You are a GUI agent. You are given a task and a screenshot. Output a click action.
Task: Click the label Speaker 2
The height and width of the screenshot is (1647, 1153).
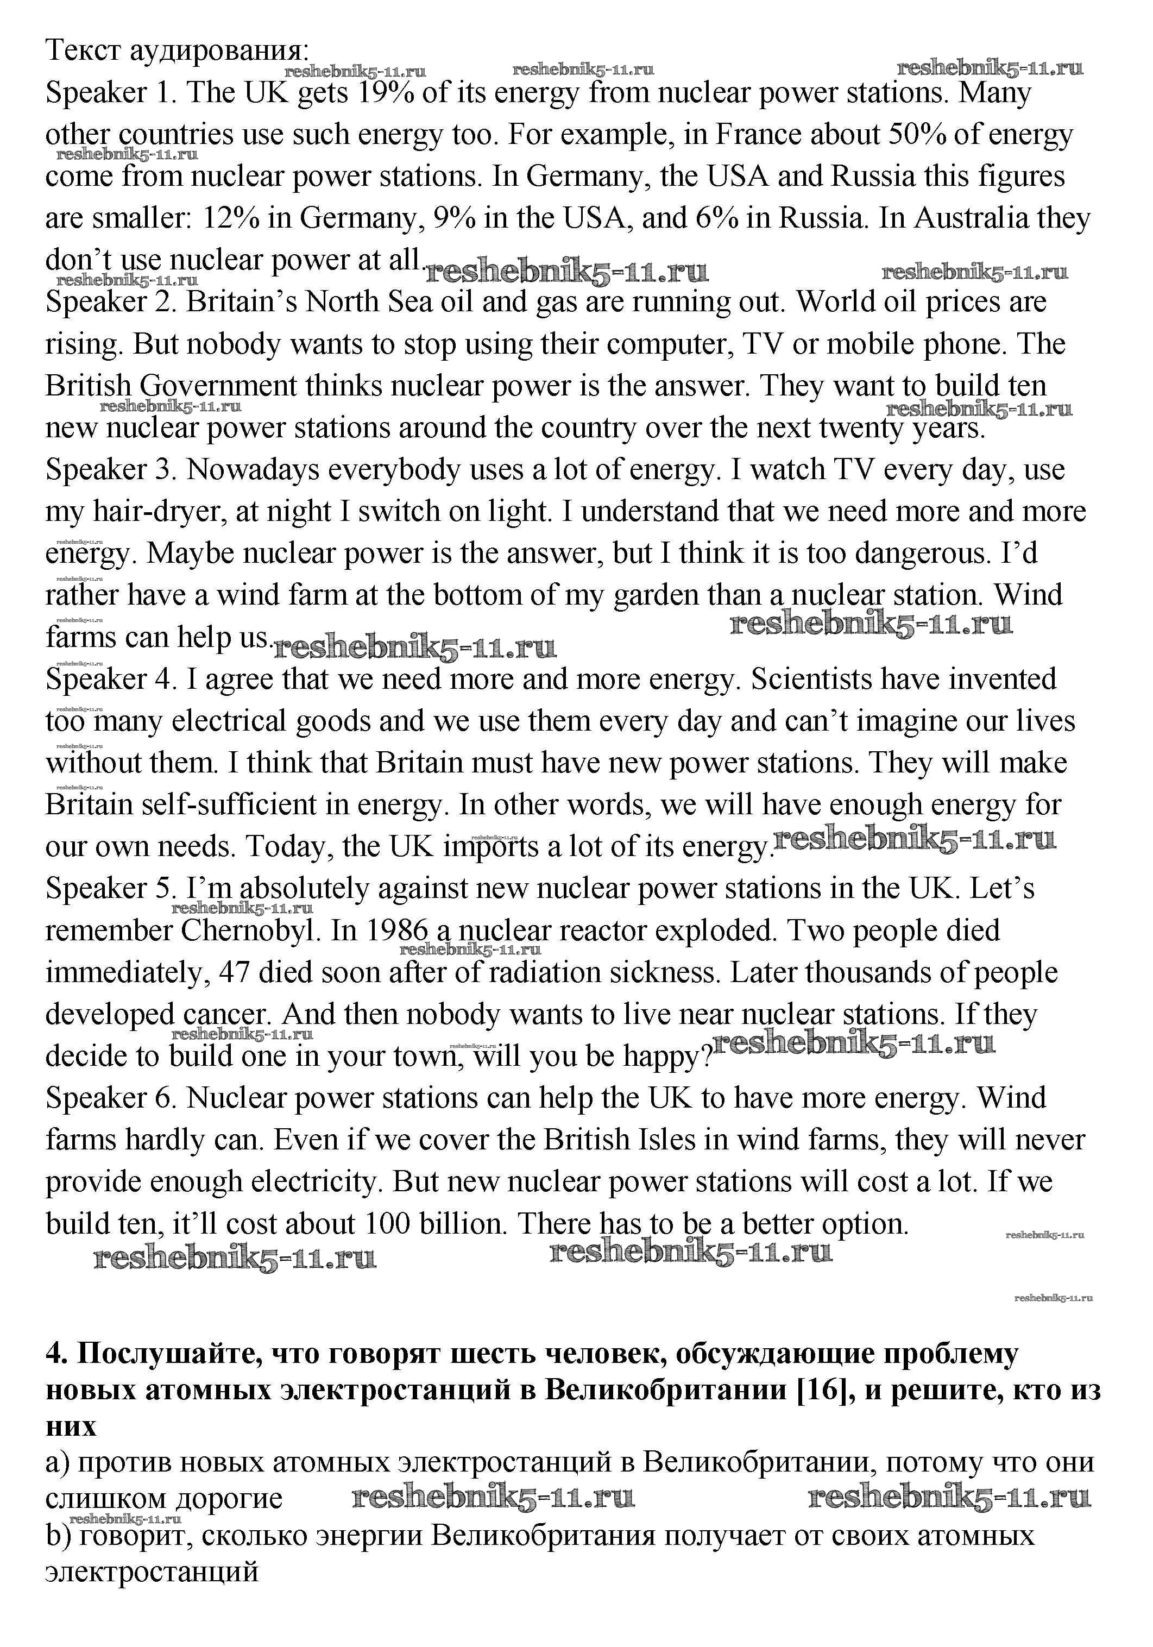(x=110, y=303)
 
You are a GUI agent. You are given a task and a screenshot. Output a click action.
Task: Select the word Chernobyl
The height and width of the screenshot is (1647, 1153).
(x=250, y=931)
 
